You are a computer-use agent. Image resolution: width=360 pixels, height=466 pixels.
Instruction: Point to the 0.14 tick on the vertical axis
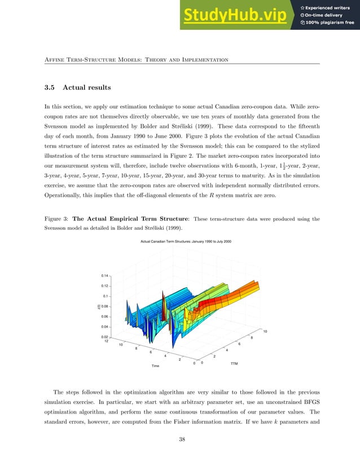pyautogui.click(x=105, y=276)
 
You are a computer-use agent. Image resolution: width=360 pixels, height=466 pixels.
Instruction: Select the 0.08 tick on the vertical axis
pyautogui.click(x=105, y=306)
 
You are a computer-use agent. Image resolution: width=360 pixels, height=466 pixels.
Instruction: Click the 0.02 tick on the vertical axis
pyautogui.click(x=105, y=336)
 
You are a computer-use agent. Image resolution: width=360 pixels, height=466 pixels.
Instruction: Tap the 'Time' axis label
pyautogui.click(x=155, y=366)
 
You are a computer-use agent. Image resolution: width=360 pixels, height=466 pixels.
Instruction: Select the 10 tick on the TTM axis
pyautogui.click(x=265, y=331)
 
